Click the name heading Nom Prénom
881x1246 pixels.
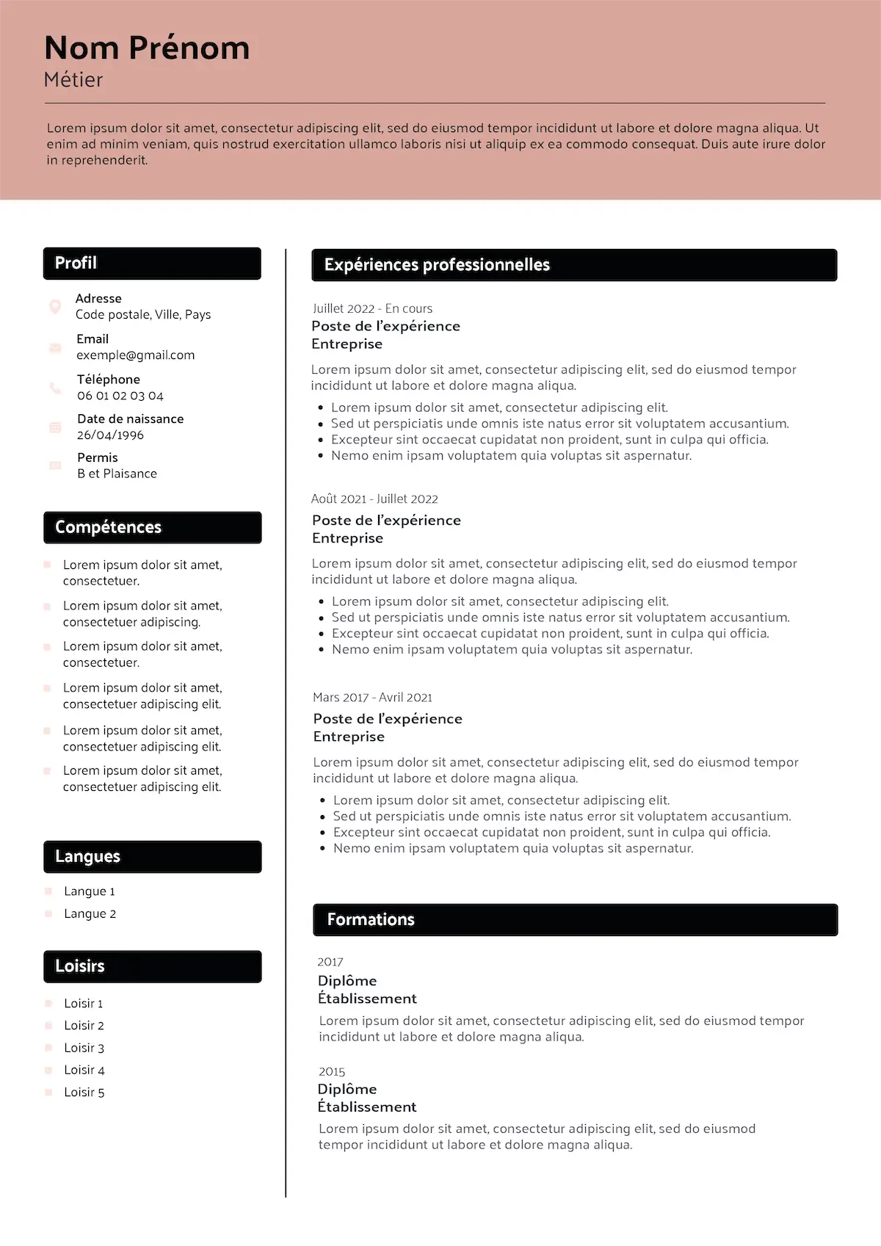coord(147,48)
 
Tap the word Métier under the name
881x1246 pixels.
coord(73,79)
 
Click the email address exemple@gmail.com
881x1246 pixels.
coord(136,355)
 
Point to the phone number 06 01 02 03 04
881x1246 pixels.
coord(120,396)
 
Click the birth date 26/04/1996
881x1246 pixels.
coord(110,435)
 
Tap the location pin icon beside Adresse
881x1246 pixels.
coord(55,306)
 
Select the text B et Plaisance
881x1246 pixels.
coord(117,474)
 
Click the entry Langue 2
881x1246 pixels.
coord(90,914)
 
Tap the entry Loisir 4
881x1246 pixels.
coord(84,1071)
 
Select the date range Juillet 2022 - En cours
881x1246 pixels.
coord(372,309)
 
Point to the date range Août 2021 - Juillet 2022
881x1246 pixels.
coord(374,499)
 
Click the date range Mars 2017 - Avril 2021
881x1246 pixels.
coord(372,698)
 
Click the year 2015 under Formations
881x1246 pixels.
coord(332,1072)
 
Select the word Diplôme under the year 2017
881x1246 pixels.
coord(347,981)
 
